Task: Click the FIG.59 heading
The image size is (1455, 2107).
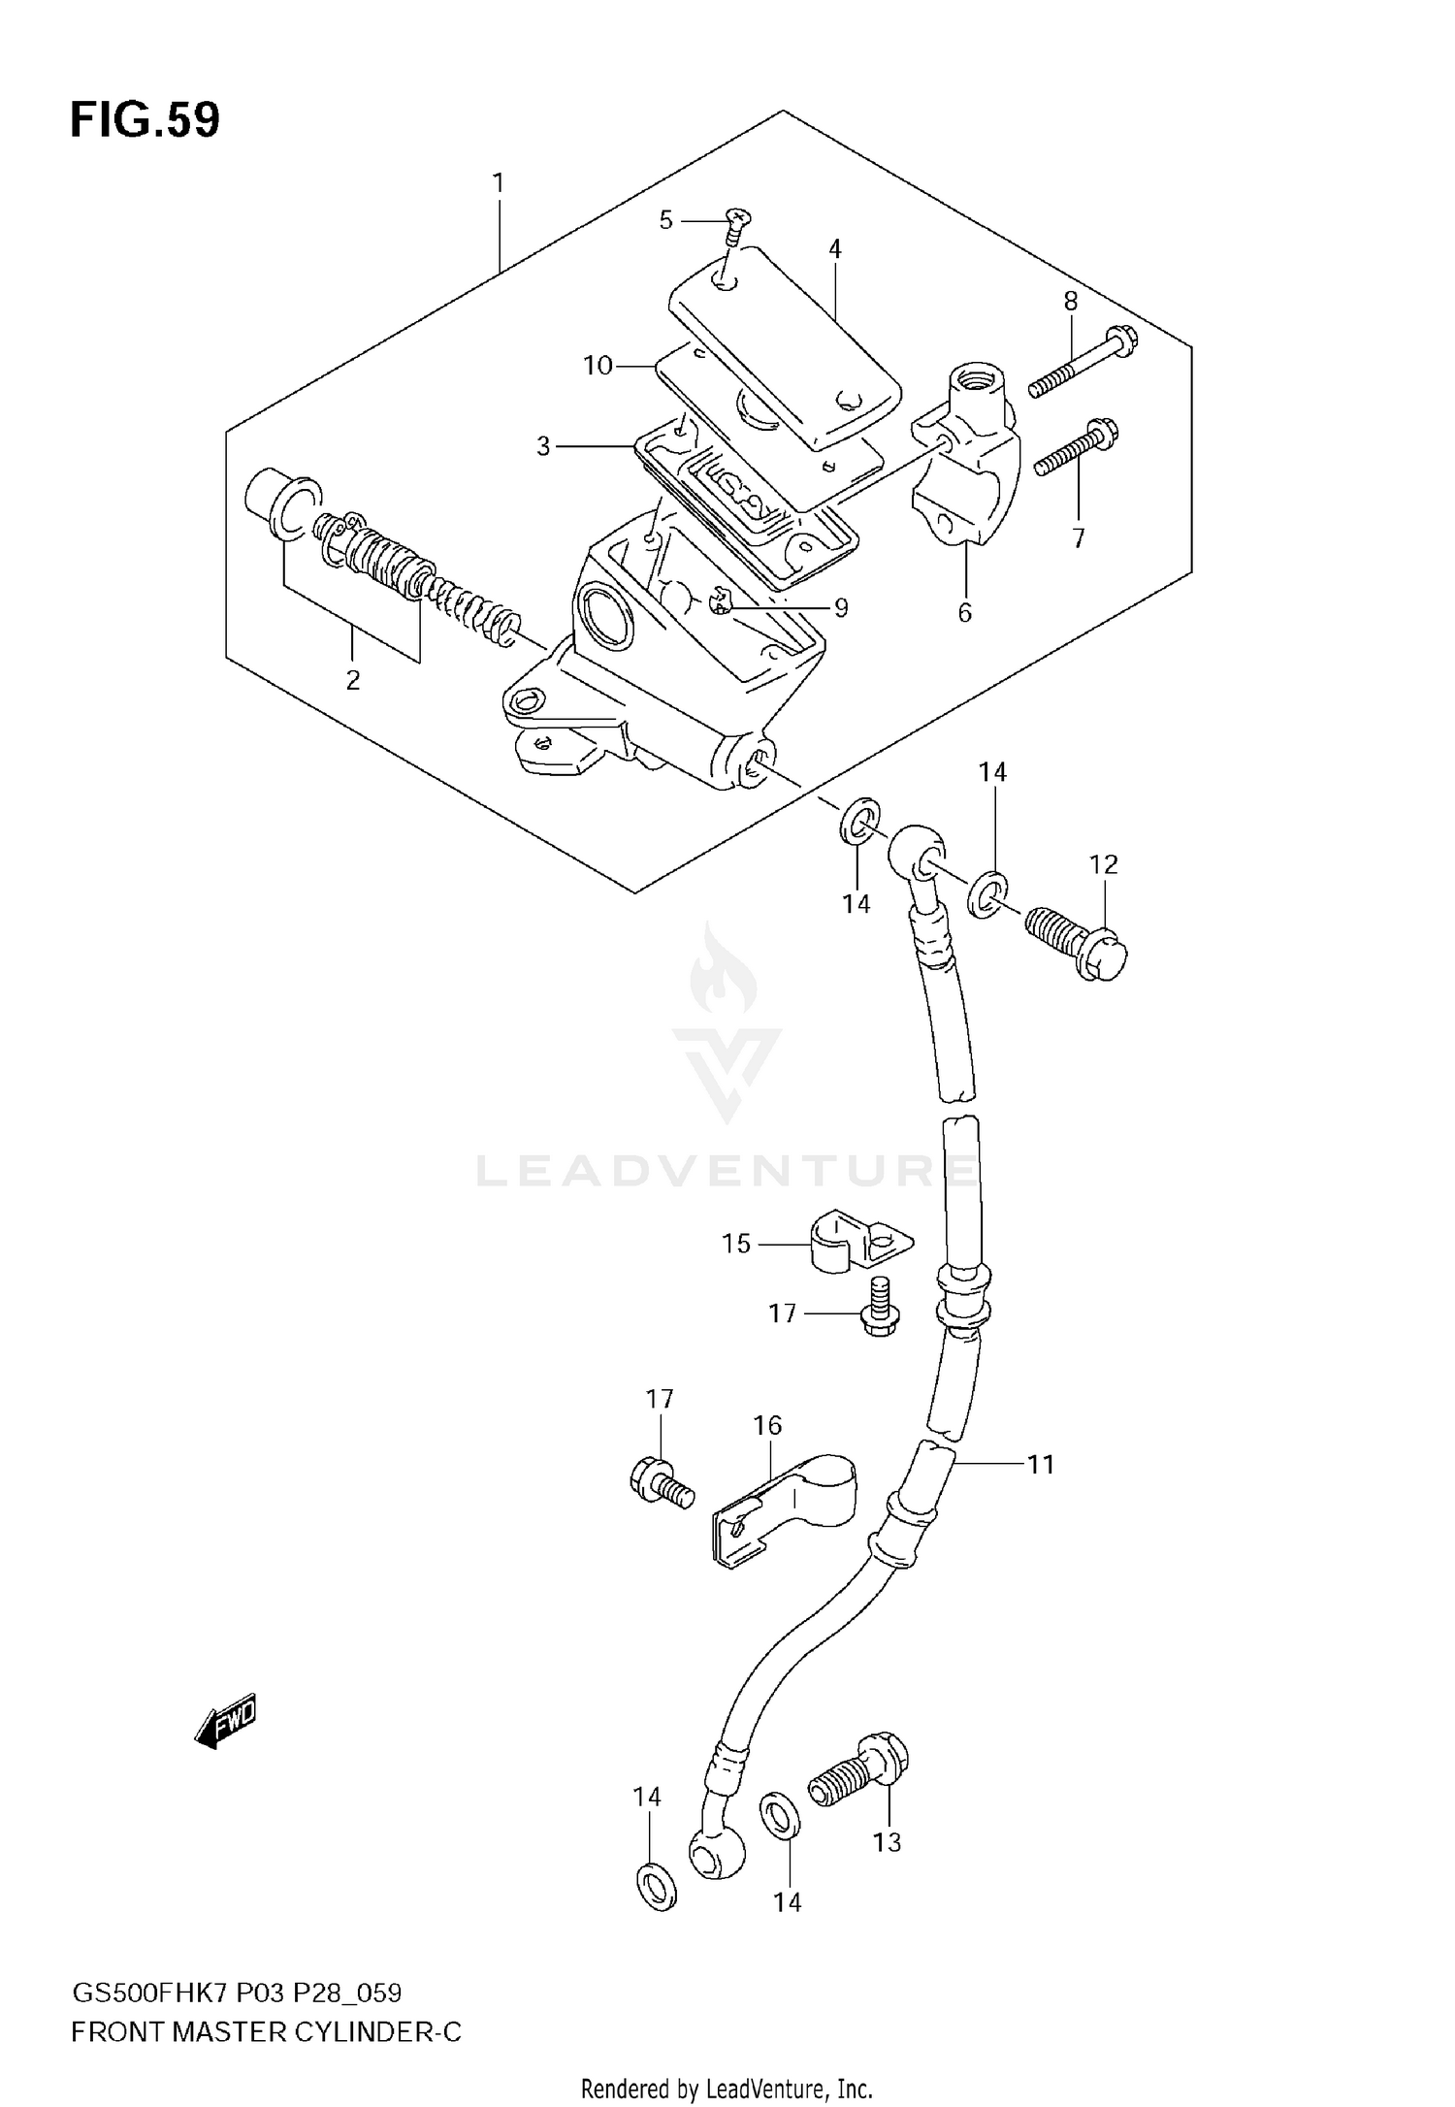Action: (145, 121)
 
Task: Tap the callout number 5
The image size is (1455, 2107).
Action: (665, 220)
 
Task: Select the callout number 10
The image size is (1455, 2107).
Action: (598, 366)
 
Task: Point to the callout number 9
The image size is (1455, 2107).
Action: (841, 608)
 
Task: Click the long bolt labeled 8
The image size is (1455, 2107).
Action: (1083, 365)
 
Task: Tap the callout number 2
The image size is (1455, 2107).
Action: (352, 680)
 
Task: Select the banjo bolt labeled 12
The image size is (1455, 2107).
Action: (1075, 940)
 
